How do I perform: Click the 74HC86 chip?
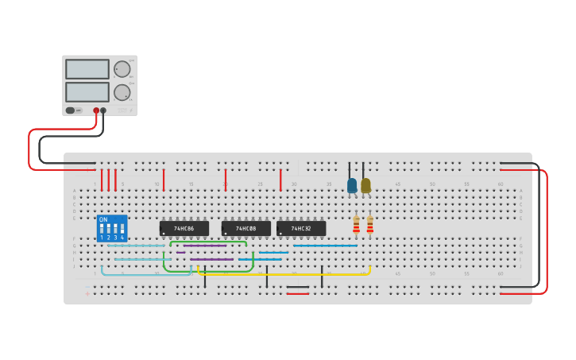[x=184, y=229]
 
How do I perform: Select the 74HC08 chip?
[x=246, y=229]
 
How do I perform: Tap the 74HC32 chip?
[x=301, y=229]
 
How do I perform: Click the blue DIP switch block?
[x=111, y=229]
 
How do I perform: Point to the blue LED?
[x=352, y=186]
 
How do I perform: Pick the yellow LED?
[x=365, y=186]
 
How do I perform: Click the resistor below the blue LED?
[x=356, y=225]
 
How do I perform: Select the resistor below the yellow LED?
[x=369, y=225]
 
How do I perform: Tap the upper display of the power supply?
[x=87, y=69]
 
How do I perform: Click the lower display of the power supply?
[x=87, y=91]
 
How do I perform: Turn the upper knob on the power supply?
[x=122, y=69]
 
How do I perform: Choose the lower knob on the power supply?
[x=122, y=92]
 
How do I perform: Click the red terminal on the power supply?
[x=96, y=110]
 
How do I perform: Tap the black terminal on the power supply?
[x=103, y=110]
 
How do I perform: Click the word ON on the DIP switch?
[x=103, y=219]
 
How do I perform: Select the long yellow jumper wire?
[x=286, y=274]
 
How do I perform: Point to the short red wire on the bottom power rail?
[x=298, y=293]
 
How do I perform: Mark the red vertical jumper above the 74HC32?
[x=280, y=180]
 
